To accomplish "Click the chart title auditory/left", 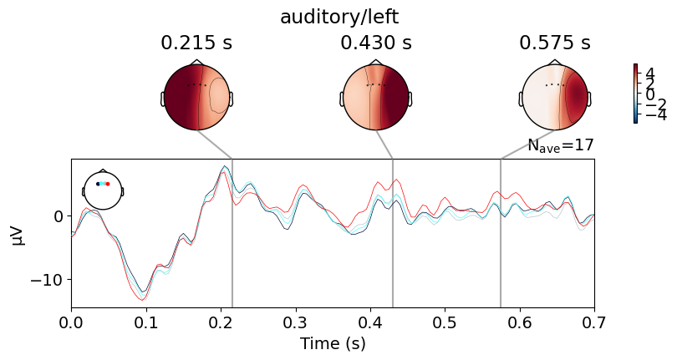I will tap(338, 16).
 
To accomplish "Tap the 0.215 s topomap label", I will tap(196, 43).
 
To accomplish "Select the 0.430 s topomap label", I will tap(375, 43).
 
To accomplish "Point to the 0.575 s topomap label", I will tap(554, 43).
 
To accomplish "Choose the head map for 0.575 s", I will tap(554, 96).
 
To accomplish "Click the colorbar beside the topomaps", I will tap(636, 93).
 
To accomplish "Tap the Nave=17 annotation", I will tap(560, 145).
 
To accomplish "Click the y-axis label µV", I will tap(20, 232).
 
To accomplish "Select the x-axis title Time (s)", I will tap(333, 343).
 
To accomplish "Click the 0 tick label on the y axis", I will tap(59, 216).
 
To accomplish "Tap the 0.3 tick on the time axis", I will tap(295, 322).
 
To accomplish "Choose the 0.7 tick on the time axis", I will tap(593, 322).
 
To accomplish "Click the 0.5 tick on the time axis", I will tap(445, 322).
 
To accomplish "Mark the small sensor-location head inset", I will tap(103, 190).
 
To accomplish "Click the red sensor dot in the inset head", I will tap(108, 184).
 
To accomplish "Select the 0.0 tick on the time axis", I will tap(72, 322).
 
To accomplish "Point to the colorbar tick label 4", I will tap(649, 74).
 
